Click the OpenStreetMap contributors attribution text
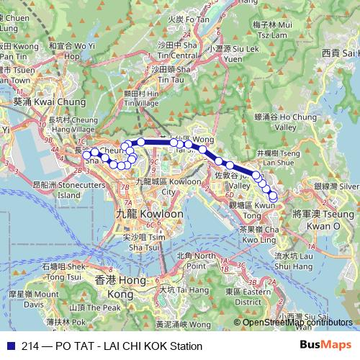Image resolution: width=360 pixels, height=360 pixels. coord(293,322)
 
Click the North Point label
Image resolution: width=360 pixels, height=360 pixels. coord(195,261)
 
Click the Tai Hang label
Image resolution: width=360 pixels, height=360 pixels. coord(175,289)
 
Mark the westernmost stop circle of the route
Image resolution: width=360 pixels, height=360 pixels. coord(86,154)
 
